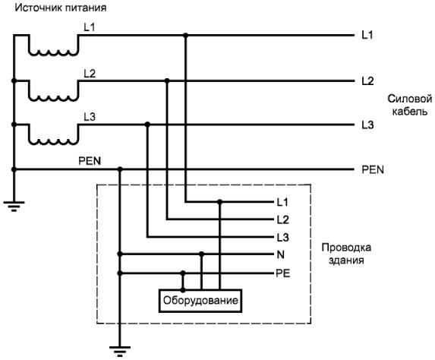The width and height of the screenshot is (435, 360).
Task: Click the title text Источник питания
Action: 61,8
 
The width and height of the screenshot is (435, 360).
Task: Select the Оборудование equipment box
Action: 200,301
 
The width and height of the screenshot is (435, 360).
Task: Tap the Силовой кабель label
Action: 410,106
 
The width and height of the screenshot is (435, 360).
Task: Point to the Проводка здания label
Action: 346,254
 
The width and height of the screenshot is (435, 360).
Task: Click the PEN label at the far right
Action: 373,169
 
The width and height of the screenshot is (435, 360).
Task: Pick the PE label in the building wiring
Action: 282,273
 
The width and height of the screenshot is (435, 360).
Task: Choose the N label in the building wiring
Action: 280,254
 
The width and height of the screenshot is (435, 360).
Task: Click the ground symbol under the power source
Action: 14,207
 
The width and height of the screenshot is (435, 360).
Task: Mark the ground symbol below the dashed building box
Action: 120,352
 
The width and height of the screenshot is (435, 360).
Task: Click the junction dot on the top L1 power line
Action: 186,35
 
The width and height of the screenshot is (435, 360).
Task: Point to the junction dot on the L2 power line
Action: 167,81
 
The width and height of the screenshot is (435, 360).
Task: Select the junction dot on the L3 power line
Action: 147,125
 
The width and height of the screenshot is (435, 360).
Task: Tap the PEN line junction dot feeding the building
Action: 120,169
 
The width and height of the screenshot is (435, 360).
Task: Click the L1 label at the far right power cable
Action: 367,35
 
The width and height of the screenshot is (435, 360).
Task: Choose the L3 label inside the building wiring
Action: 282,237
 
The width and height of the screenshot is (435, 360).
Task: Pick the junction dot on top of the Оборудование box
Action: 183,290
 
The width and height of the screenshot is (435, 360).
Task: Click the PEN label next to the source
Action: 90,161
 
